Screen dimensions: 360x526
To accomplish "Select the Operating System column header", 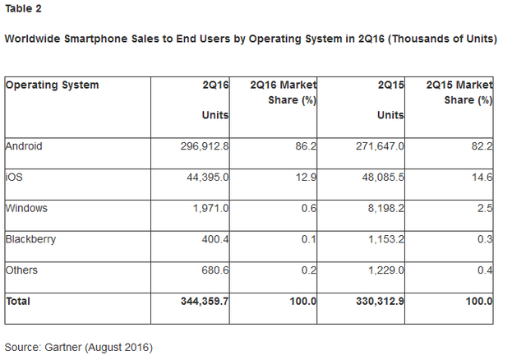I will coord(52,85).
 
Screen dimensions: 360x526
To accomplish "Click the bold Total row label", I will coord(18,302).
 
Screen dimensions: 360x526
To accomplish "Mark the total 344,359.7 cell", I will coord(202,302).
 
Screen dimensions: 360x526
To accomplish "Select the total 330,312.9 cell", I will coord(377,302).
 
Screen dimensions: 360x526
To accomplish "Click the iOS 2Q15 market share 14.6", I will coord(482,178).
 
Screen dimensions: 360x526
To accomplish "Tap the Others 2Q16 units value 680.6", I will coord(213,270).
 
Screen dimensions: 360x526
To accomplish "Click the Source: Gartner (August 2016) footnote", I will coord(79,347).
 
